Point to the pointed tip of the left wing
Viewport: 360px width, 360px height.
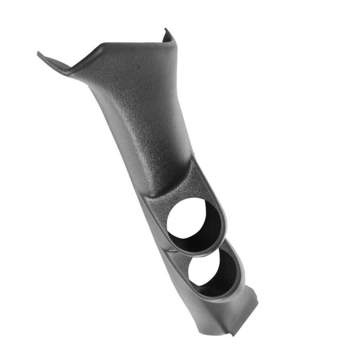[39, 53]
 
